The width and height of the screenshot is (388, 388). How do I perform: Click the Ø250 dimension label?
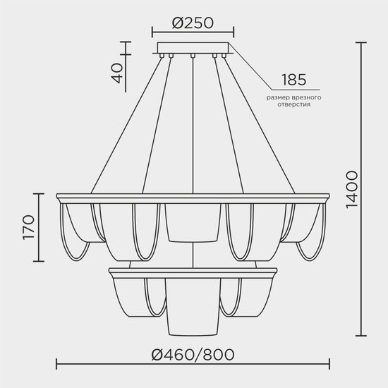click(x=193, y=23)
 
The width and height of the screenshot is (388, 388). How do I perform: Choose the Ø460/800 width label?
click(x=193, y=354)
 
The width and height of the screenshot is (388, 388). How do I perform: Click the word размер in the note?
click(x=281, y=96)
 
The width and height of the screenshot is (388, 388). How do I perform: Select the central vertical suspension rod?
click(x=193, y=120)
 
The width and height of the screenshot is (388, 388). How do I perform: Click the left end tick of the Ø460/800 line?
click(x=56, y=365)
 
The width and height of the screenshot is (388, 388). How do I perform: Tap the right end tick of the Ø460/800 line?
click(x=329, y=365)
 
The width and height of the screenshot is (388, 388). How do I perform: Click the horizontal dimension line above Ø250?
click(x=193, y=32)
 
